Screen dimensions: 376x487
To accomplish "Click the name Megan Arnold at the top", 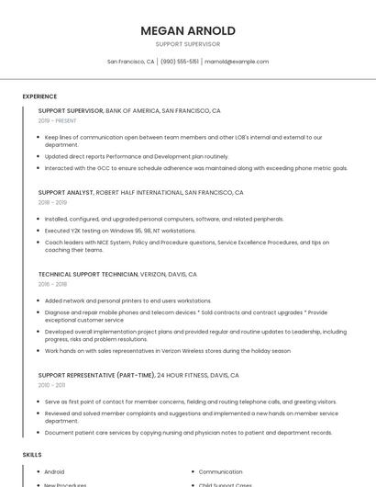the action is click(188, 30).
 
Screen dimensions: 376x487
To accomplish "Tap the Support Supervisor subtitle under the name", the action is click(188, 44).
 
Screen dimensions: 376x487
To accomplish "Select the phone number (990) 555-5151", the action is click(180, 62).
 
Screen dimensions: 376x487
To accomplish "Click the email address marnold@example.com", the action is click(237, 62).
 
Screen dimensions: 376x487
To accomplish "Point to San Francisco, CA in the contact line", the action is click(131, 62).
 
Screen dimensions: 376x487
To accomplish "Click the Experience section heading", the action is click(39, 96).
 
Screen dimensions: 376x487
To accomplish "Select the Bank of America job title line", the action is click(129, 110).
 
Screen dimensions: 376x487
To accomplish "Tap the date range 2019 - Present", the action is click(57, 120).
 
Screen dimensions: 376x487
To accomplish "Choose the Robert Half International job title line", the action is click(140, 193).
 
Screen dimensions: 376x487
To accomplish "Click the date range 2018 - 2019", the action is click(52, 202).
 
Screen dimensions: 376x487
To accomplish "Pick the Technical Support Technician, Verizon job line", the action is click(117, 274).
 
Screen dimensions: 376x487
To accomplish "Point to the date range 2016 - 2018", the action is click(52, 284).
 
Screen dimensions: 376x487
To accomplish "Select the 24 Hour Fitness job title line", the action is click(138, 375).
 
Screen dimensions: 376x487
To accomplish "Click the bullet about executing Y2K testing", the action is click(119, 231).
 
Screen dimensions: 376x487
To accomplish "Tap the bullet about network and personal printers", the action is click(127, 300).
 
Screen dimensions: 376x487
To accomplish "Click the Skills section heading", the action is click(32, 455).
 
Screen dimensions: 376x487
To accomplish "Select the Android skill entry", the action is click(54, 471).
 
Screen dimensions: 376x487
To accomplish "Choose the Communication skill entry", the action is click(220, 471).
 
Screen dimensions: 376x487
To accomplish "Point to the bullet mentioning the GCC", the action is click(195, 168).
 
